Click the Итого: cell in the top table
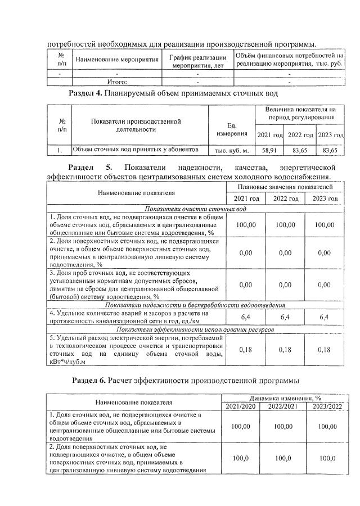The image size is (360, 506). coord(117,82)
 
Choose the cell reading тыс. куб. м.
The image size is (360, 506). coord(231,151)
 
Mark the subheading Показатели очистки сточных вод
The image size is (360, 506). coord(193,209)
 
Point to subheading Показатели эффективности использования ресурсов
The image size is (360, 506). coord(193,329)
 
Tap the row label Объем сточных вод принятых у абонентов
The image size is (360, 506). coord(136,150)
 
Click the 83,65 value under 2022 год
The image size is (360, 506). coord(299,151)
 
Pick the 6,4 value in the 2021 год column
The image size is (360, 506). coord(245,317)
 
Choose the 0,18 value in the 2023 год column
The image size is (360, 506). coord(323,350)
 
